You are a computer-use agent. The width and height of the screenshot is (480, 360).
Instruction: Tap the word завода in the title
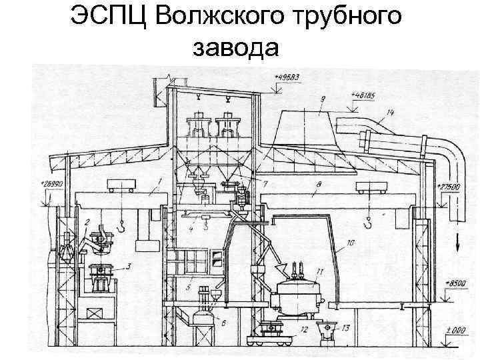coord(233,47)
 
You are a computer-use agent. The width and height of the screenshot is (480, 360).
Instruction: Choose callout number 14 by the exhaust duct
coord(389,114)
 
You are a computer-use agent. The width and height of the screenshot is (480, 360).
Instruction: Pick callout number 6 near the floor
coord(224,323)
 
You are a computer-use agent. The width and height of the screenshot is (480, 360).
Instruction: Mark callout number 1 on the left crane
coord(160,182)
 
